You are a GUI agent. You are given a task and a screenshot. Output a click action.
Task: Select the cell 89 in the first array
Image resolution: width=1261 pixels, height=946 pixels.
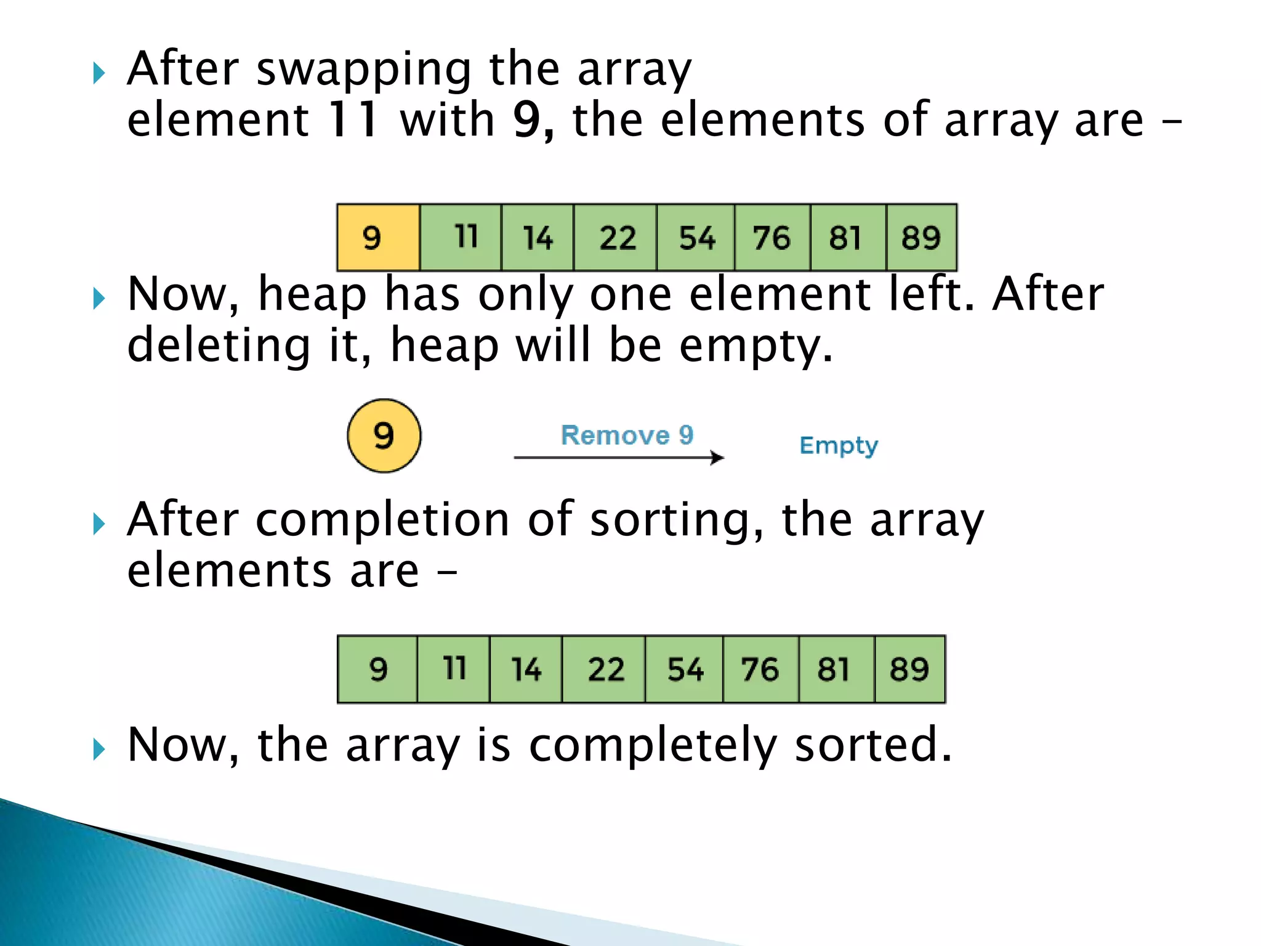coord(921,238)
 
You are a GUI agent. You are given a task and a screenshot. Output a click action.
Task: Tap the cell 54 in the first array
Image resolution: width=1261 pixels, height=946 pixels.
coord(696,238)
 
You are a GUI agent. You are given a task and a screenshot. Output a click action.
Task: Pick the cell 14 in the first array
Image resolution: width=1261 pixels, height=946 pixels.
coord(538,238)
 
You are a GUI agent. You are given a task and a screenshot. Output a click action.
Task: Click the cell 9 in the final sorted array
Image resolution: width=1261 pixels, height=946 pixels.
coord(377,669)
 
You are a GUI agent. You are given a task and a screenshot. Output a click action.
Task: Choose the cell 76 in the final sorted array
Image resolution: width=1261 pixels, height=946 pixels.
coord(760,669)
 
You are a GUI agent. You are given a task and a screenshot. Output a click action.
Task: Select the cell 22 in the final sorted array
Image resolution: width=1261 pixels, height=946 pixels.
coord(604,669)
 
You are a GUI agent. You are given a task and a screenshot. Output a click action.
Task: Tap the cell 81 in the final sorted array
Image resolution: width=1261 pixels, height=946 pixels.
coord(836,669)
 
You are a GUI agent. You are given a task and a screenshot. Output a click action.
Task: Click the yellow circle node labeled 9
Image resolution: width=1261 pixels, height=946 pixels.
coord(384,436)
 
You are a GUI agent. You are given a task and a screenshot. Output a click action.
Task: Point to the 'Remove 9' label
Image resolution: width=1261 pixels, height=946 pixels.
coord(627,435)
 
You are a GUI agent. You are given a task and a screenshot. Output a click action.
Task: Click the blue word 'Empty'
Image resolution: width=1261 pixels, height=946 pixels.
coord(838,445)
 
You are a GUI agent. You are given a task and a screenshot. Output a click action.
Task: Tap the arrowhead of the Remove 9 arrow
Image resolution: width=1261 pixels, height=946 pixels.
coord(717,458)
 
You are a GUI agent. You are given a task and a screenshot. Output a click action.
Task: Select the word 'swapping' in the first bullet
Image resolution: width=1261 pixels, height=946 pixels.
coord(364,69)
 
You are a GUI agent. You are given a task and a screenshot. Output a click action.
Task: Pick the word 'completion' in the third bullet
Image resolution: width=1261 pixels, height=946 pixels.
coord(382,520)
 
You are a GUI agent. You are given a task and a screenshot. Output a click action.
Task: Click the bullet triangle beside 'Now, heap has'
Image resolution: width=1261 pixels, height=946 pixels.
coord(99,299)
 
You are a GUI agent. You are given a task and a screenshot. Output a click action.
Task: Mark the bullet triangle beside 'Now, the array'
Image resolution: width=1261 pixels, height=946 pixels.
coord(99,750)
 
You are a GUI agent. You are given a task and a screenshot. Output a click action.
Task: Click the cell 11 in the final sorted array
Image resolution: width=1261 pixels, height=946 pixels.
coord(454,669)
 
